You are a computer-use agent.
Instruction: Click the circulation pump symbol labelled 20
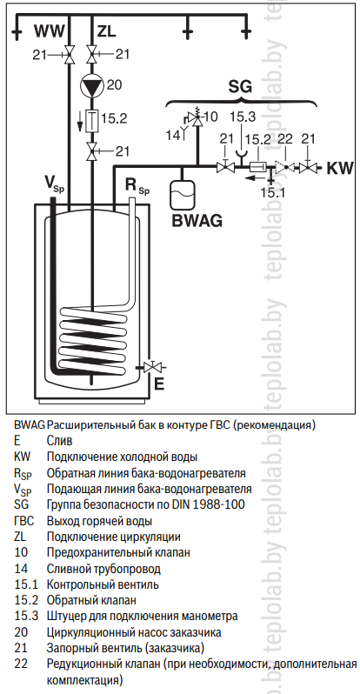(x=91, y=85)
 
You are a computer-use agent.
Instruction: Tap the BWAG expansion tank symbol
(x=182, y=193)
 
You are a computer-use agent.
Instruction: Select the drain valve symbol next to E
(x=153, y=367)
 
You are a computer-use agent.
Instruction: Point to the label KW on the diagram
(x=340, y=168)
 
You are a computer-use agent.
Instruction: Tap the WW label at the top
(x=50, y=31)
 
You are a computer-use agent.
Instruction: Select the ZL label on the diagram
(x=106, y=31)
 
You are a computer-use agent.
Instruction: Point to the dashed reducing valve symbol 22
(x=283, y=168)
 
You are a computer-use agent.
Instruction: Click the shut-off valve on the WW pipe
(x=68, y=55)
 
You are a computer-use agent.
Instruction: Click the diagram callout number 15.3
(x=243, y=117)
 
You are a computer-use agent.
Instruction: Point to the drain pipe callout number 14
(x=174, y=133)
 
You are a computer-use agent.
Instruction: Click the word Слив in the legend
(x=59, y=441)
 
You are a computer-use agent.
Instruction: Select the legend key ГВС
(x=23, y=520)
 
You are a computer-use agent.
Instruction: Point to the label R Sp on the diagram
(x=137, y=187)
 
